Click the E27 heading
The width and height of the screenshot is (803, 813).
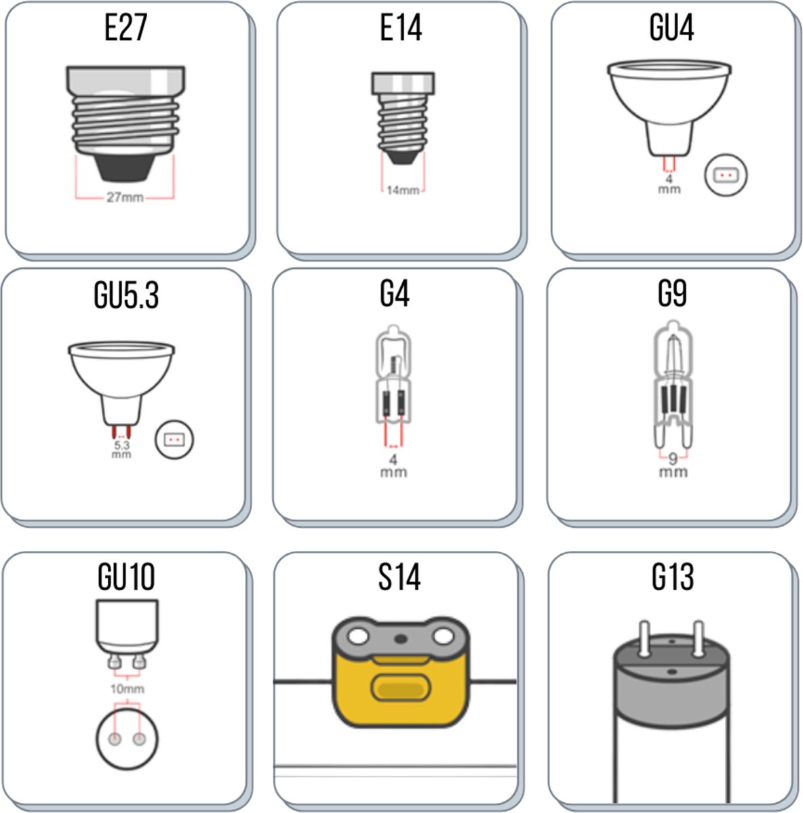pos(126,28)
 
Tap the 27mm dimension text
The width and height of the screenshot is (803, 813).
pos(125,198)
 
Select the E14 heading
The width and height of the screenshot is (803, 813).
pos(401,28)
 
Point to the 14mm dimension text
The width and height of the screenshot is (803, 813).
pos(403,190)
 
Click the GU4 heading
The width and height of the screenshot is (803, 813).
pos(671,28)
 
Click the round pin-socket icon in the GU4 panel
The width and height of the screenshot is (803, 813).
pos(726,175)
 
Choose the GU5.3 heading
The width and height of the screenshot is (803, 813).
pos(126,295)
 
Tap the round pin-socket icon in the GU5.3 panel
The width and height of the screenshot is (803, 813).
pos(175,440)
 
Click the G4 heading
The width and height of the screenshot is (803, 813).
pos(395,294)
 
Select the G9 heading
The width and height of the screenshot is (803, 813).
pos(672,294)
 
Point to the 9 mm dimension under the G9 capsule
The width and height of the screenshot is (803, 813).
pos(673,464)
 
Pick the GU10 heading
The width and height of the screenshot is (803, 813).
pos(126,577)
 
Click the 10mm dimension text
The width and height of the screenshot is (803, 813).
pos(128,689)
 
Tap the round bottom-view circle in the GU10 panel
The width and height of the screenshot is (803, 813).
pos(127,738)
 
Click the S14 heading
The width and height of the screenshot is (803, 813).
pos(399,577)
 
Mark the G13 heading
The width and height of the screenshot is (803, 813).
pos(673,577)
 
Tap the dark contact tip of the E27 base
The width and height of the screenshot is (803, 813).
pos(125,166)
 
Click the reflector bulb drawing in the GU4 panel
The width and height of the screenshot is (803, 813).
pos(669,102)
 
